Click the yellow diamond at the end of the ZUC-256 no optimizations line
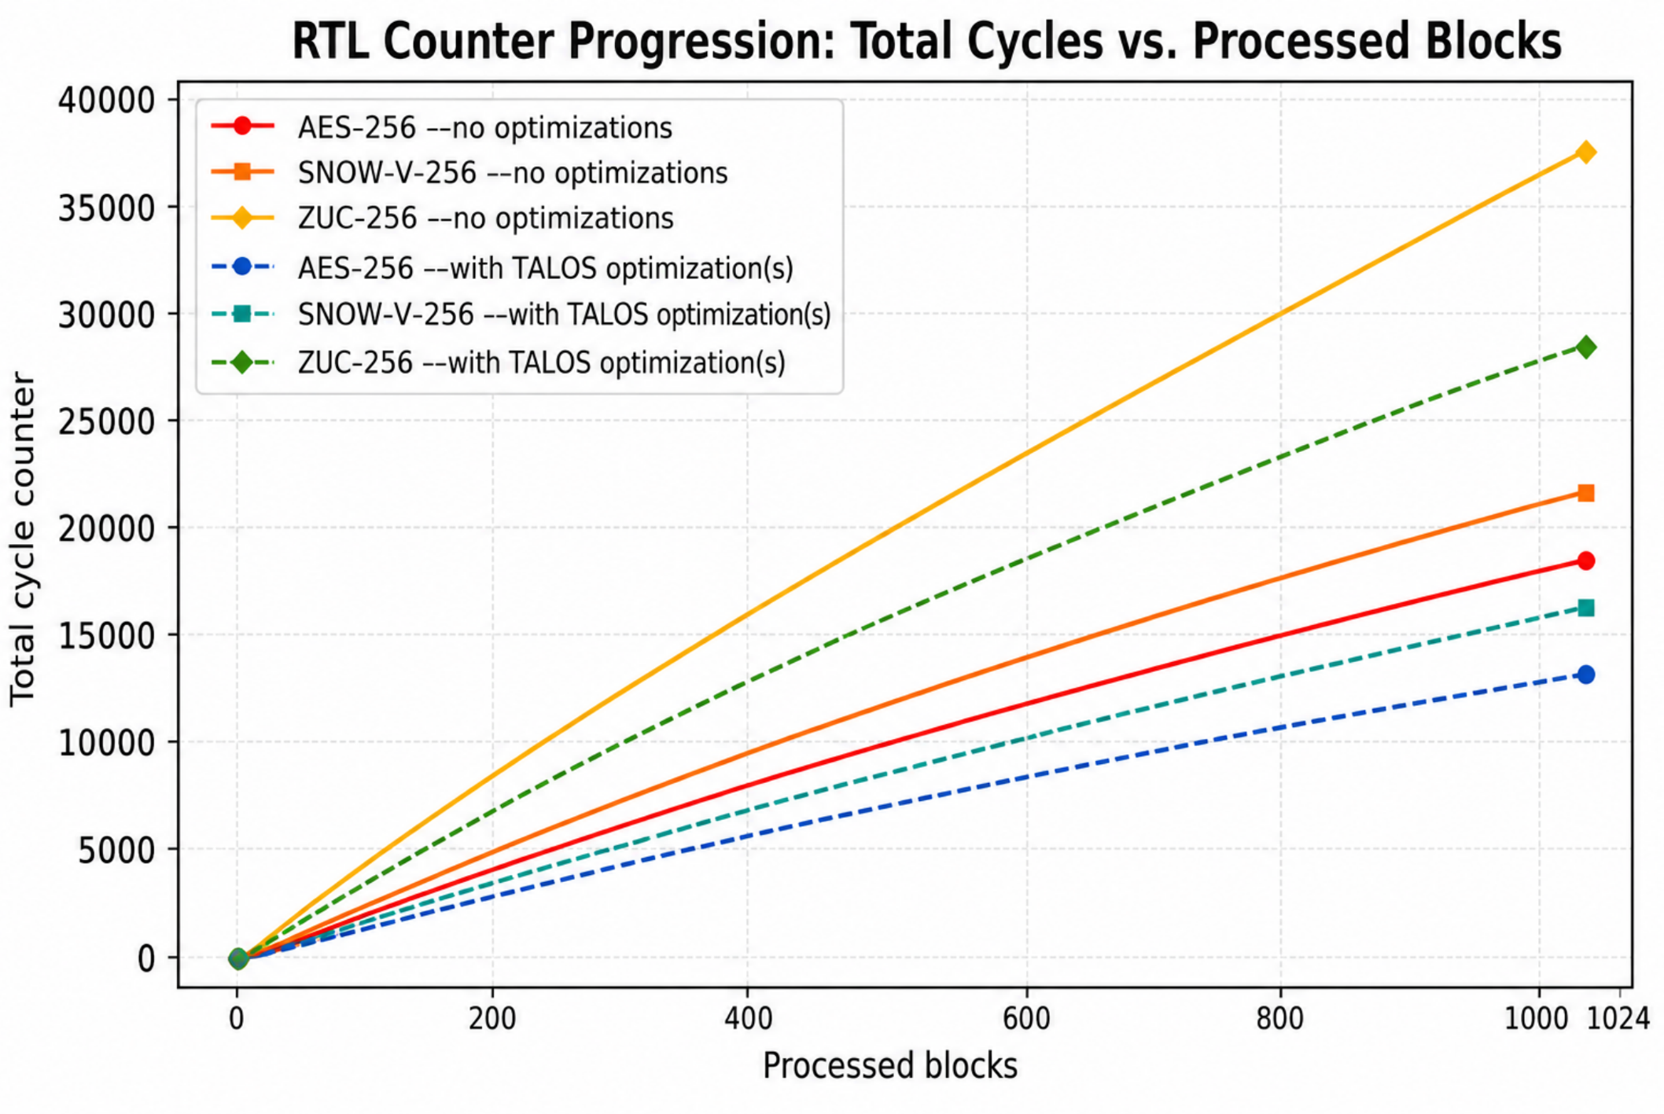tap(1585, 152)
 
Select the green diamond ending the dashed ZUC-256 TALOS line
tap(1585, 347)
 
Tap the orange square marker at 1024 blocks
tap(1585, 493)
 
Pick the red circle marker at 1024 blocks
tap(1585, 561)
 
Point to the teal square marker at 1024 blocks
tap(1585, 608)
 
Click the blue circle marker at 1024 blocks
tap(1585, 675)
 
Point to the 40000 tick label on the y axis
tap(106, 100)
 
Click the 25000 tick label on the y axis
tap(106, 421)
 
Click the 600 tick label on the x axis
tap(1026, 1019)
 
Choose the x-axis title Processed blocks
tap(890, 1067)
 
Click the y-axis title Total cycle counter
tap(23, 539)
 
